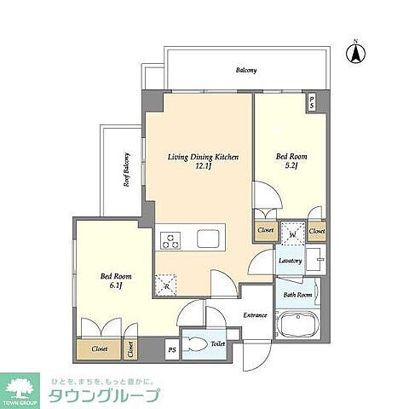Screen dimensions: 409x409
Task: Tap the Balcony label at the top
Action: pyautogui.click(x=246, y=71)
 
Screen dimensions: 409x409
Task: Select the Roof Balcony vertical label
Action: pyautogui.click(x=126, y=170)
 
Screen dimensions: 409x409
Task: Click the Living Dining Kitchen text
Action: pyautogui.click(x=196, y=158)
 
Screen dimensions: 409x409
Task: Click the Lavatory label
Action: pyautogui.click(x=289, y=261)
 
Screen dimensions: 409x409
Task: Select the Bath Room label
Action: pyautogui.click(x=298, y=296)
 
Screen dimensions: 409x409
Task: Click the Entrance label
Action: pyautogui.click(x=256, y=315)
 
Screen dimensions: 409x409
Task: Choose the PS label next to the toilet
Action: pyautogui.click(x=171, y=349)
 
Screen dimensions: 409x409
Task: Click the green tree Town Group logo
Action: pyautogui.click(x=24, y=389)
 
